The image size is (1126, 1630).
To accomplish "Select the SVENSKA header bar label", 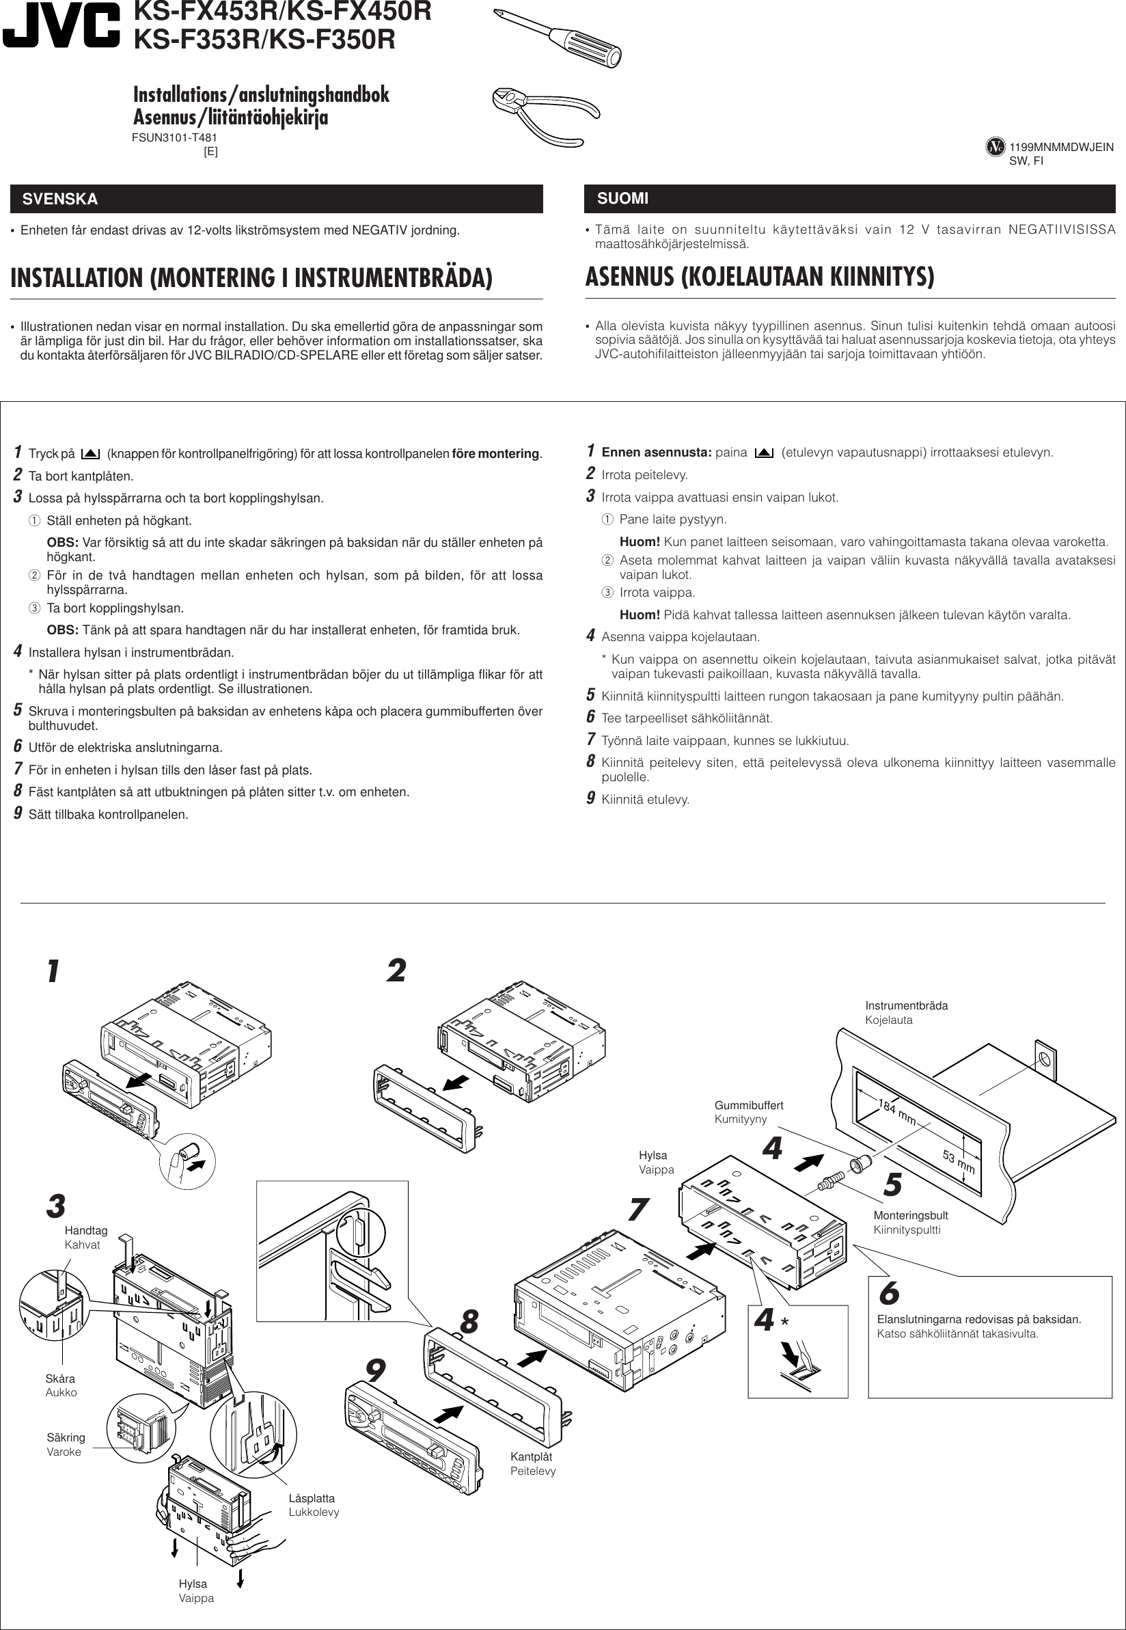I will click(x=60, y=199).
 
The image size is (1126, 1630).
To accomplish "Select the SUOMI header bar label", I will click(x=622, y=198).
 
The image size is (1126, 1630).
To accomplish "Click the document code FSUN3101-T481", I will click(x=174, y=138).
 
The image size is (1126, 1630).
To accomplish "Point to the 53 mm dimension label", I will click(x=958, y=1161).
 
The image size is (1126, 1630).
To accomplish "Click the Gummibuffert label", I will click(x=749, y=1105).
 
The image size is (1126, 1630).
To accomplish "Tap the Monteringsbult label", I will click(x=910, y=1215).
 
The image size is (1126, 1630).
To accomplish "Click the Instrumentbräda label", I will click(x=906, y=1005).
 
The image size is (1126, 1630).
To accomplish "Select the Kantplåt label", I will click(x=532, y=1456).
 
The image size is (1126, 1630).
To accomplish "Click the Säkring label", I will click(x=66, y=1437).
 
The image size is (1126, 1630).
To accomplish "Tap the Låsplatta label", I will click(x=311, y=1498).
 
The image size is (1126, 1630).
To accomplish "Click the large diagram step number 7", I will click(x=637, y=1210).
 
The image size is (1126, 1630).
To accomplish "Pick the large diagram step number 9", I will click(x=375, y=1371).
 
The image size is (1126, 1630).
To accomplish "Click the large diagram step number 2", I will click(x=396, y=971).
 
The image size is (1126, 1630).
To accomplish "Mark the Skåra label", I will click(x=60, y=1378).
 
